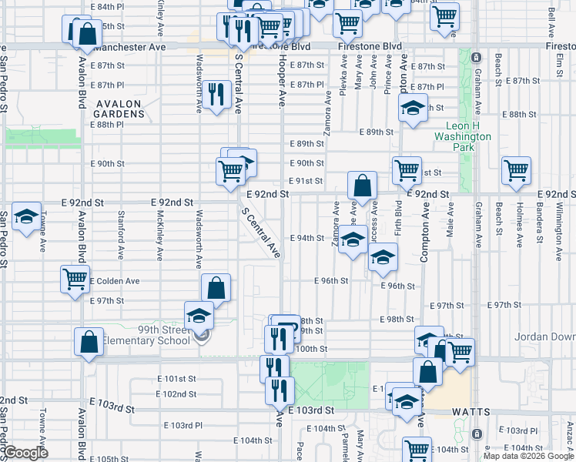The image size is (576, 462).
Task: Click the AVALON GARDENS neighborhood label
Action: pos(119,109)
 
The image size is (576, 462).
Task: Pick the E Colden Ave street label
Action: pos(116,281)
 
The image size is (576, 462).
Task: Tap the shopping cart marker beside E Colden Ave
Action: pos(75,279)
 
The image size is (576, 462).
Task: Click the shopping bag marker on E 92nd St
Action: pos(362,186)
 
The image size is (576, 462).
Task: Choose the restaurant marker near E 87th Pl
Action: pos(219,95)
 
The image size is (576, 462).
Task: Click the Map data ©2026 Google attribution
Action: pos(527,455)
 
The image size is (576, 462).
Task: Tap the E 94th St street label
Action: pos(307,238)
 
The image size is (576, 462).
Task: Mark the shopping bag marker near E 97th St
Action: pos(216,289)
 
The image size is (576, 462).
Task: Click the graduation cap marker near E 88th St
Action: pos(413,108)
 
